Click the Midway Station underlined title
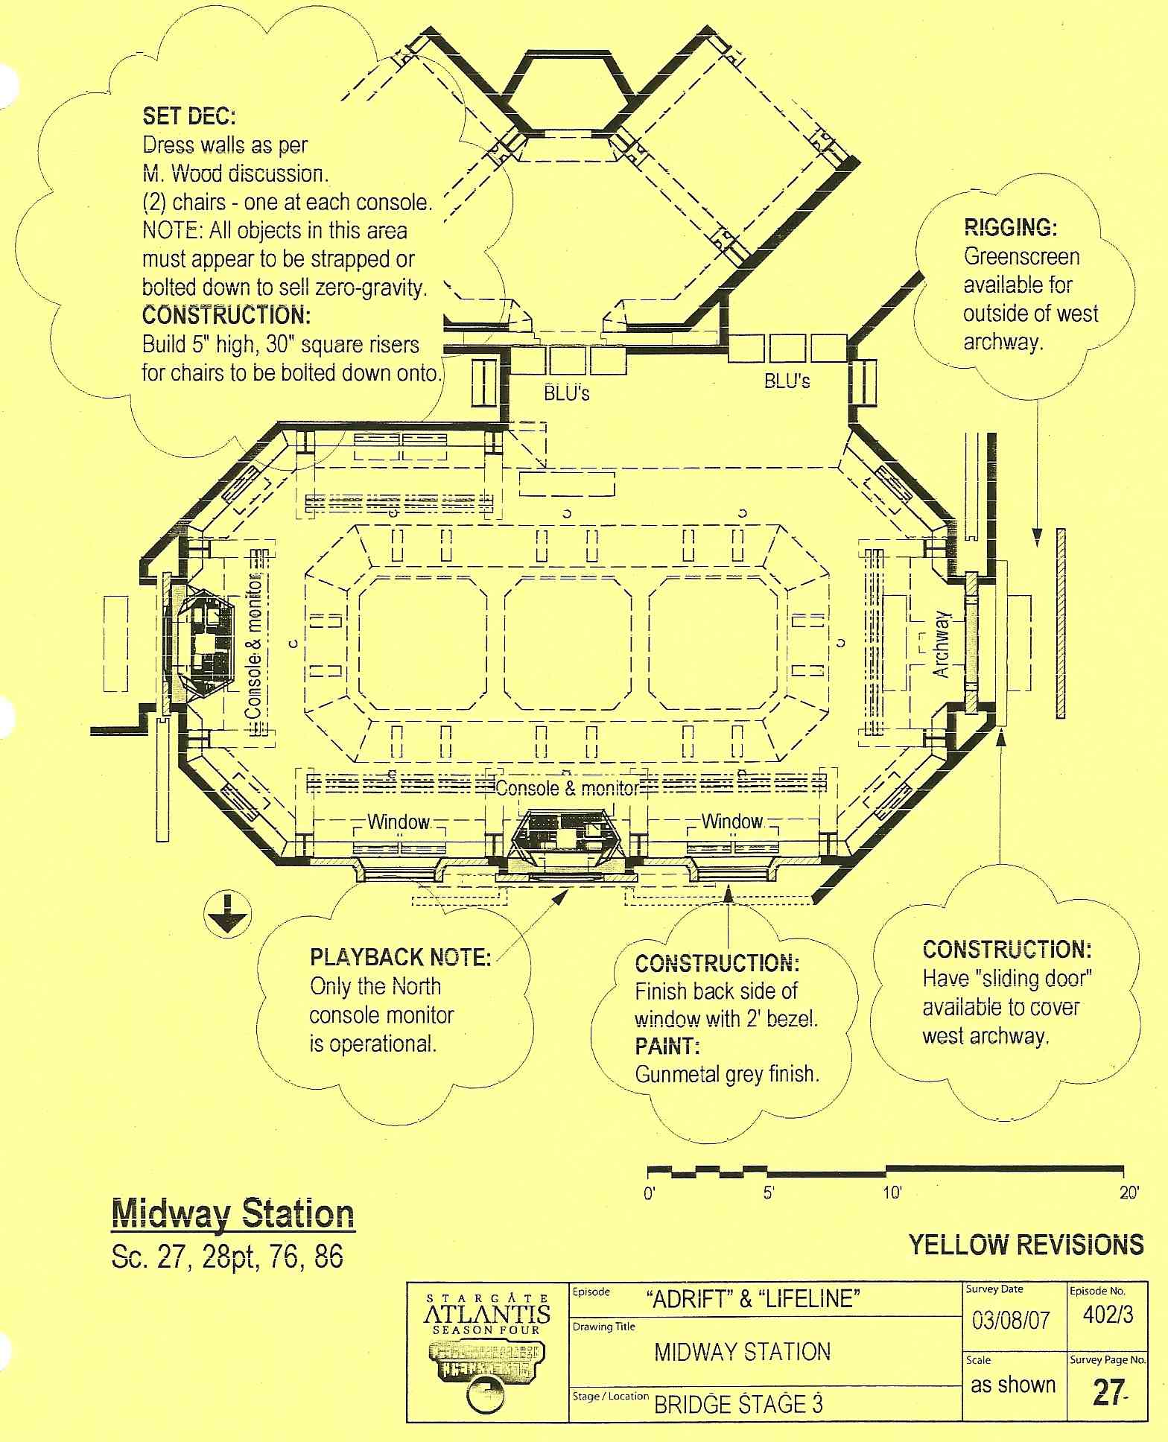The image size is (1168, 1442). pos(232,1215)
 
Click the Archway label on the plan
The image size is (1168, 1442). pos(942,644)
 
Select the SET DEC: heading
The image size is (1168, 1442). pos(189,116)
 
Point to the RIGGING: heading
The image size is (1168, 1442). pos(1010,227)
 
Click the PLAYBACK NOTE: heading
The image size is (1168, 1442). pos(400,957)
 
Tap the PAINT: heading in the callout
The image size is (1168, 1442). pos(667,1046)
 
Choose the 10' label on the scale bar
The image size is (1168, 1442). pos(892,1193)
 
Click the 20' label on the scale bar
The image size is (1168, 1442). pos(1129,1193)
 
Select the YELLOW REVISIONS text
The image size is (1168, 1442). pos(1026,1245)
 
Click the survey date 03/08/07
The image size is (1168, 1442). pos(1011,1321)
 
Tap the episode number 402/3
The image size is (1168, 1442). pos(1108,1315)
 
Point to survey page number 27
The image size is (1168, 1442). pos(1107,1392)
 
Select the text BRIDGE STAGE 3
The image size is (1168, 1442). pos(738,1405)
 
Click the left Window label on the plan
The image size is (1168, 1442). pos(399,822)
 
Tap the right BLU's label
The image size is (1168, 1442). pos(787,381)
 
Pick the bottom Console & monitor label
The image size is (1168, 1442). pos(567,788)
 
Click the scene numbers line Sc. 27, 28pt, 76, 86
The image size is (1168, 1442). pos(227,1257)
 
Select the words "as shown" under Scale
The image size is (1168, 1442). pos(1013,1385)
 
